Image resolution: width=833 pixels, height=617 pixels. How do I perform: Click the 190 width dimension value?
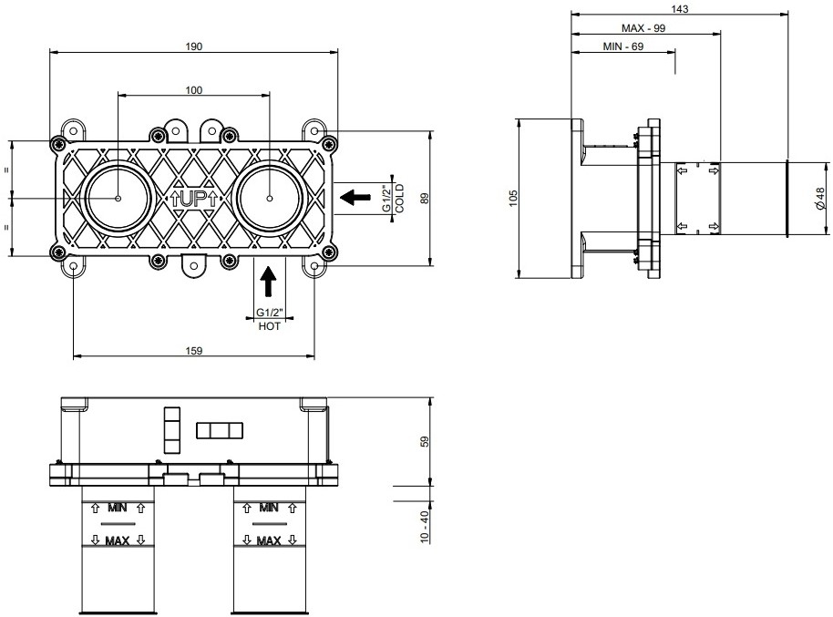coord(194,46)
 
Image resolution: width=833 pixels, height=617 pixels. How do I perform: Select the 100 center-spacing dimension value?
coord(194,90)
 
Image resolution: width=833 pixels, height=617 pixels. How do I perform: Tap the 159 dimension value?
coord(194,351)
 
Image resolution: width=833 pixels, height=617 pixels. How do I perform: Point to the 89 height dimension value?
coord(424,199)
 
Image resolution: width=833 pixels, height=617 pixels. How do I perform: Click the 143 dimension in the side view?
coord(680,9)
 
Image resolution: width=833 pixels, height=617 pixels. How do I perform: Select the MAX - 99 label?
coord(643,28)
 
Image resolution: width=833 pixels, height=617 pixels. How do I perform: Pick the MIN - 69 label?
coord(623,46)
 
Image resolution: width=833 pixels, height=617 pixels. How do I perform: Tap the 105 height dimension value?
coord(513,199)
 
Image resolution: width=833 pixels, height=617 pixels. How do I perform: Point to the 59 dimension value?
coord(424,442)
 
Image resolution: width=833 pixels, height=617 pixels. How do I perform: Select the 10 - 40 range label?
coord(424,527)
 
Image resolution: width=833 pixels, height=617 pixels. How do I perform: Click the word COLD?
coord(400,199)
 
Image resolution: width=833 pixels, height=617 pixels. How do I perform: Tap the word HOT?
coord(270,326)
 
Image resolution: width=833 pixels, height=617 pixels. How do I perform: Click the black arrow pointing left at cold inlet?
coord(355,198)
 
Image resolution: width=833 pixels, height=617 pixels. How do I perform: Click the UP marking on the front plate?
coord(193,199)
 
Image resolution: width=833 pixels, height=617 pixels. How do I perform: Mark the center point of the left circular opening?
coord(118,199)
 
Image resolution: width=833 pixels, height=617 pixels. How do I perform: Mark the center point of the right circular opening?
coord(270,199)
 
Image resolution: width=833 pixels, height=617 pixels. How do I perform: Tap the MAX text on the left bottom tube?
coord(118,541)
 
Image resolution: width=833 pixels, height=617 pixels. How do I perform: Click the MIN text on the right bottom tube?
coord(269,508)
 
